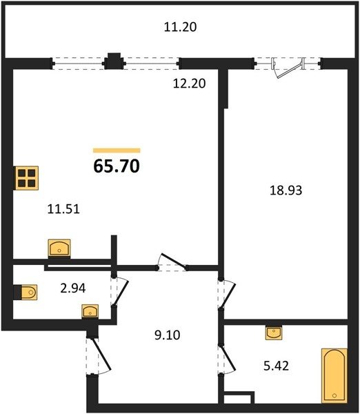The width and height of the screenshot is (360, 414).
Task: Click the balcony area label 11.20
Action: pos(180,27)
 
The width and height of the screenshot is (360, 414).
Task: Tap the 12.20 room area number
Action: pos(189,83)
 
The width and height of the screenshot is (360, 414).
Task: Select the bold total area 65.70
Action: pos(117,166)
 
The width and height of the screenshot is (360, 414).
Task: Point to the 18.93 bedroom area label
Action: pos(286,190)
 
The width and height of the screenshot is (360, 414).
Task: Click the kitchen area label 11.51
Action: pos(63,209)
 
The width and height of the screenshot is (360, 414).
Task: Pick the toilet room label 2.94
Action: pos(73,288)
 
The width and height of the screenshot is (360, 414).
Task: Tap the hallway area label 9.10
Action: pos(168,335)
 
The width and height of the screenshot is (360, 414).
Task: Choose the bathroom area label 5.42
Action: pos(276,366)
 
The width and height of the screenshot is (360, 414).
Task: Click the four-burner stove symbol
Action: pos(26,178)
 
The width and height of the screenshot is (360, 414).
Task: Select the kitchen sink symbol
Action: pos(59,248)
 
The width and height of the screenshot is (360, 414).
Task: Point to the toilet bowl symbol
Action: pos(26,293)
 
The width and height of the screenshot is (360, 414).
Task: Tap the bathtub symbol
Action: pos(334,376)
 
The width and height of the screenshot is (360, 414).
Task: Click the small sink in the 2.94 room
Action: pos(90,311)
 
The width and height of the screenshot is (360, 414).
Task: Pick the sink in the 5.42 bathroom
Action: pos(274,333)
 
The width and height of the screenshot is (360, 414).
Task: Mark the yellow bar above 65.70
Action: pos(117,150)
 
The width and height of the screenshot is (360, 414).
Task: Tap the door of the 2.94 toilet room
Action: pos(119,292)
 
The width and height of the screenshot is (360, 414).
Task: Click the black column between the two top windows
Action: pos(114,61)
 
